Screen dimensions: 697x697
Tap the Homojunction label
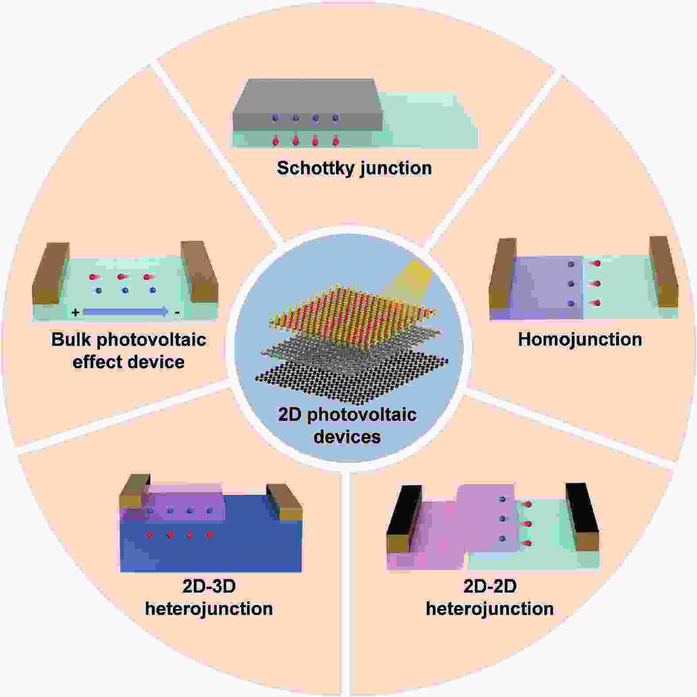point(580,339)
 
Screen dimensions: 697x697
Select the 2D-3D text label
point(209,586)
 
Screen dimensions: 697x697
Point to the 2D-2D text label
point(490,586)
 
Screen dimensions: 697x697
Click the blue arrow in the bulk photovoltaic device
point(126,312)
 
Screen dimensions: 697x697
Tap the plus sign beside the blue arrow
point(76,312)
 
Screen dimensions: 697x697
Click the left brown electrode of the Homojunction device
point(503,273)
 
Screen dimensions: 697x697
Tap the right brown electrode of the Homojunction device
point(664,271)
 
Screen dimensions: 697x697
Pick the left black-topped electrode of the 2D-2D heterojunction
point(404,519)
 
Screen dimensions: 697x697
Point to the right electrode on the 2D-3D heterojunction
point(284,502)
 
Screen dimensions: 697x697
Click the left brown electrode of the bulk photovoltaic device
point(51,273)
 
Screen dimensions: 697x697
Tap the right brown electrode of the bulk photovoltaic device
point(199,272)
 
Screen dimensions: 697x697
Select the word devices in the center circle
point(347,437)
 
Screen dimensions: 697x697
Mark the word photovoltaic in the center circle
point(362,415)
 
